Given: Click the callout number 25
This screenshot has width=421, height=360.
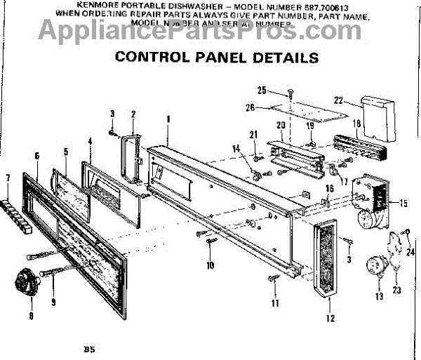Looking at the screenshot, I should (262, 90).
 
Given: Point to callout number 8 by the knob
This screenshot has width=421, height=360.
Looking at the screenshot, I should (30, 315).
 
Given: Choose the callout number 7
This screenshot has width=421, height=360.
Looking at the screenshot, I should (8, 178).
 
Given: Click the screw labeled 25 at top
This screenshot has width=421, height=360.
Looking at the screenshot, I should (289, 92).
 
